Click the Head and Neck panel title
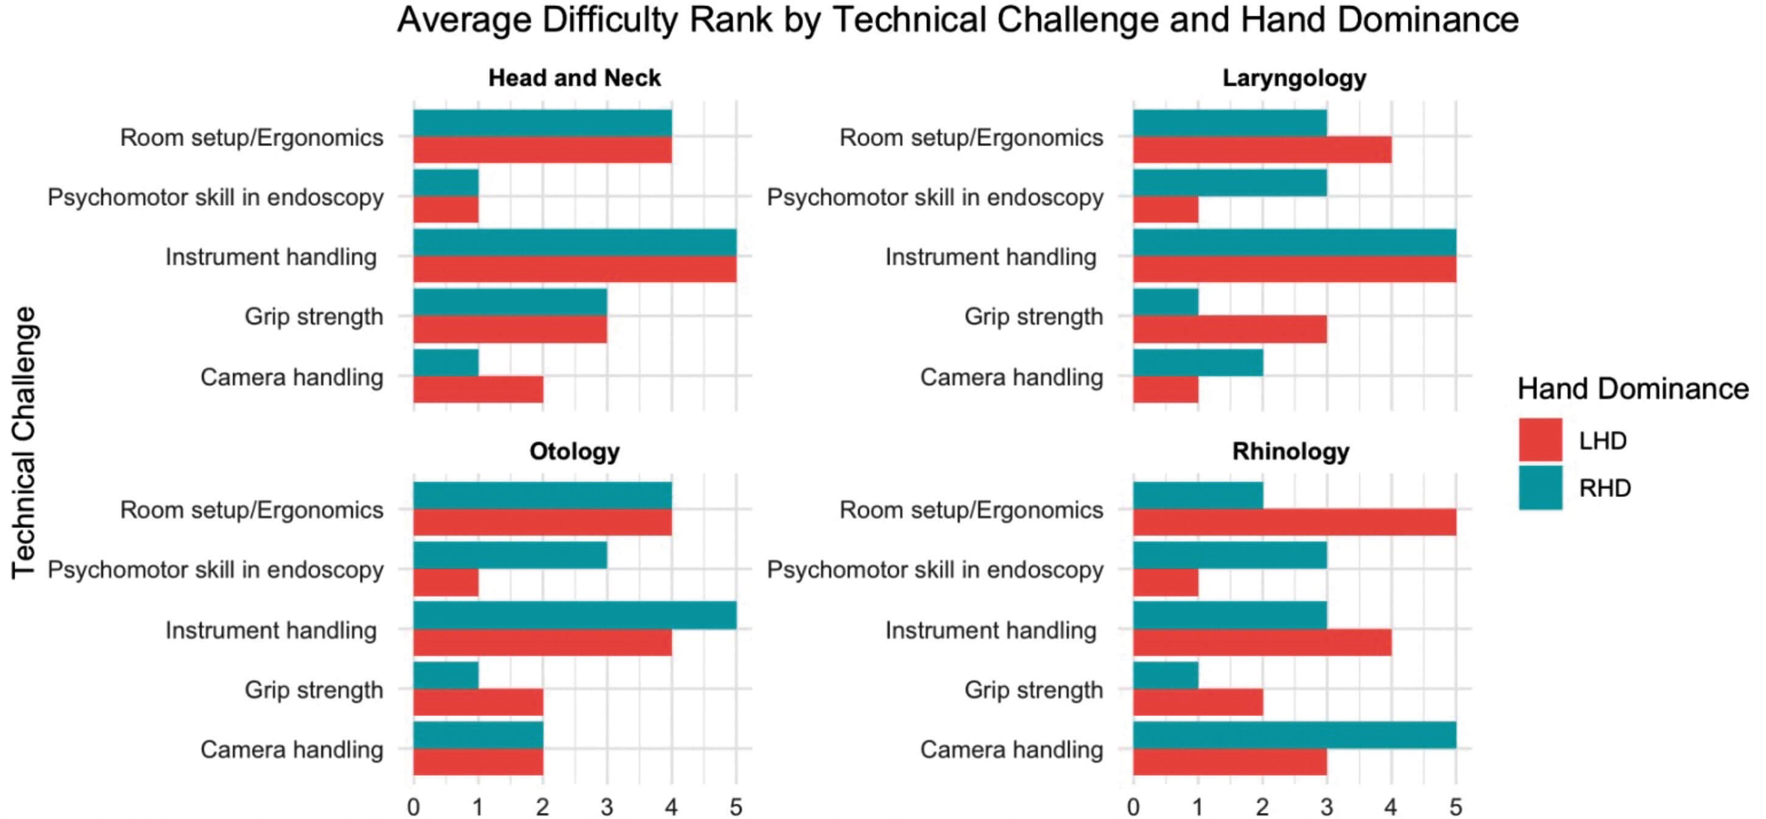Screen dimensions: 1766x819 [574, 78]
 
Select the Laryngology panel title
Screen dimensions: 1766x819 [1294, 78]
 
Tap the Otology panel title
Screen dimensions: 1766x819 [574, 451]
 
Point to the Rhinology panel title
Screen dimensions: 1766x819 [1291, 451]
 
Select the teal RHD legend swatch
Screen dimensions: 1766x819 [1541, 487]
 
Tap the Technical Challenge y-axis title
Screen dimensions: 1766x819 [23, 443]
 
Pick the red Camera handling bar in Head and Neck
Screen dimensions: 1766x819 [478, 389]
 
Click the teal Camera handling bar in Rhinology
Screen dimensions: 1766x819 [1294, 736]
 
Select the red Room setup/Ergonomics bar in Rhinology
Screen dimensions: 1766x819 [1294, 522]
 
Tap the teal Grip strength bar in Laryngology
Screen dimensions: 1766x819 [1166, 302]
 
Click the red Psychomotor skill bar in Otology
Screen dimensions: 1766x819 [446, 583]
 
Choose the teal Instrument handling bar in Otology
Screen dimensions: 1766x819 [574, 616]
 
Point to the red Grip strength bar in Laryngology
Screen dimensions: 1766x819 [1230, 329]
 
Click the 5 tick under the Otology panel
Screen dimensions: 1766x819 [736, 807]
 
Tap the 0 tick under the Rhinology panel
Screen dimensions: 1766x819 [1133, 807]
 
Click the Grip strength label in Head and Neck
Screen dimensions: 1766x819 [314, 317]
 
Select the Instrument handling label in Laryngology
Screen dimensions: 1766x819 [991, 257]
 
